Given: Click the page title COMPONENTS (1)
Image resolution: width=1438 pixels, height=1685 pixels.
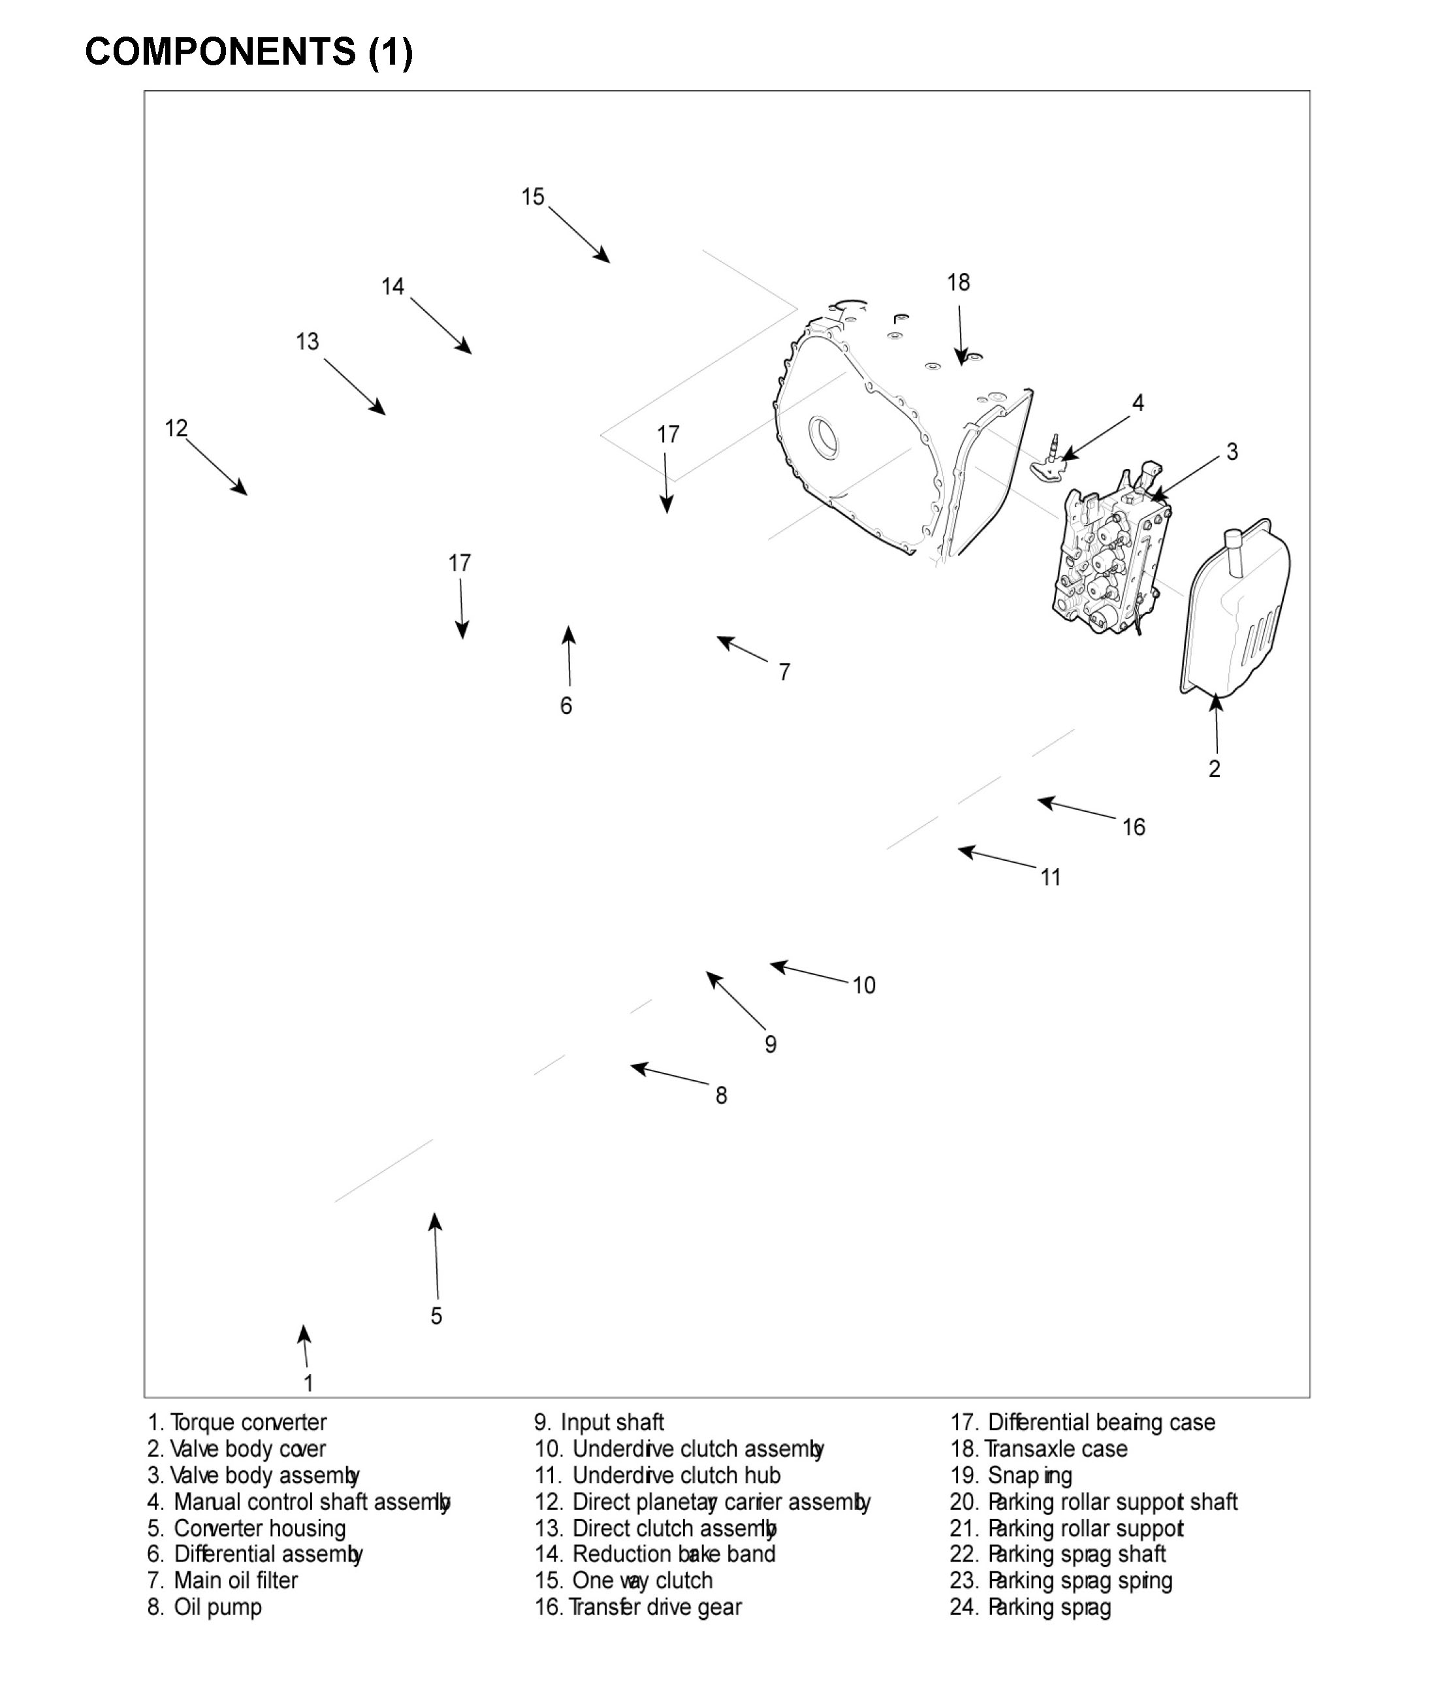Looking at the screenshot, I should click(249, 52).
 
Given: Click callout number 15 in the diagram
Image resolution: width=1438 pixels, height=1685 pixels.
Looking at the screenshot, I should click(533, 197).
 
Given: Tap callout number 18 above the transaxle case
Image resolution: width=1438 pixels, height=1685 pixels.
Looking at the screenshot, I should click(958, 282).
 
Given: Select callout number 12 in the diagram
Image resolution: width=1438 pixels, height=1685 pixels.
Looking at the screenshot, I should click(176, 428).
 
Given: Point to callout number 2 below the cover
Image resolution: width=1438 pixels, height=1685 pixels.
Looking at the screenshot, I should click(1214, 769).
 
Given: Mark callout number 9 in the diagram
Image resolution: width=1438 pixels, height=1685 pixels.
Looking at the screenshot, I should click(770, 1044).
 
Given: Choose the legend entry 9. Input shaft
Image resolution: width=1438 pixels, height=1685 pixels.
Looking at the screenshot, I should click(599, 1422).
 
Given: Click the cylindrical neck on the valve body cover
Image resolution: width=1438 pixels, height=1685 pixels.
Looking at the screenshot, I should click(1235, 551).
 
